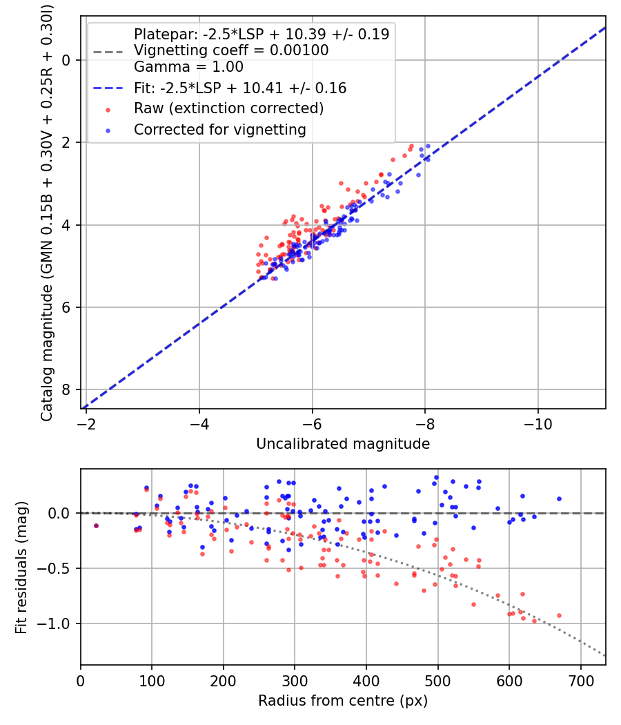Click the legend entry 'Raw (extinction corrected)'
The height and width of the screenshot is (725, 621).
[228, 108]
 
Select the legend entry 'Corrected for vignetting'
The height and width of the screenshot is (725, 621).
[219, 129]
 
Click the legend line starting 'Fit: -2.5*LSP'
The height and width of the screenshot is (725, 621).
[240, 88]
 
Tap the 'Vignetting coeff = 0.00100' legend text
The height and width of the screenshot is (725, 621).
[231, 50]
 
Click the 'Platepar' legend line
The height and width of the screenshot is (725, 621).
[262, 34]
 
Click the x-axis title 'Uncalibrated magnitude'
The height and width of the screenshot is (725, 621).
[343, 444]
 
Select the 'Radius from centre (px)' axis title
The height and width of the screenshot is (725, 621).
[343, 701]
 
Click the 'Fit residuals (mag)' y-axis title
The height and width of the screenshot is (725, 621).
[21, 568]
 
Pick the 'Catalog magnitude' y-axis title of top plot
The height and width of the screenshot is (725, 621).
[47, 211]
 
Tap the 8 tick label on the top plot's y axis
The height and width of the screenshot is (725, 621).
[67, 390]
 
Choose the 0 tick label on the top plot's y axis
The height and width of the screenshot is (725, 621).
[67, 60]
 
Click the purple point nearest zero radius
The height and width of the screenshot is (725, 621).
[96, 525]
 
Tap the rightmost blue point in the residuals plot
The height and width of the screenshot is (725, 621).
[559, 499]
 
